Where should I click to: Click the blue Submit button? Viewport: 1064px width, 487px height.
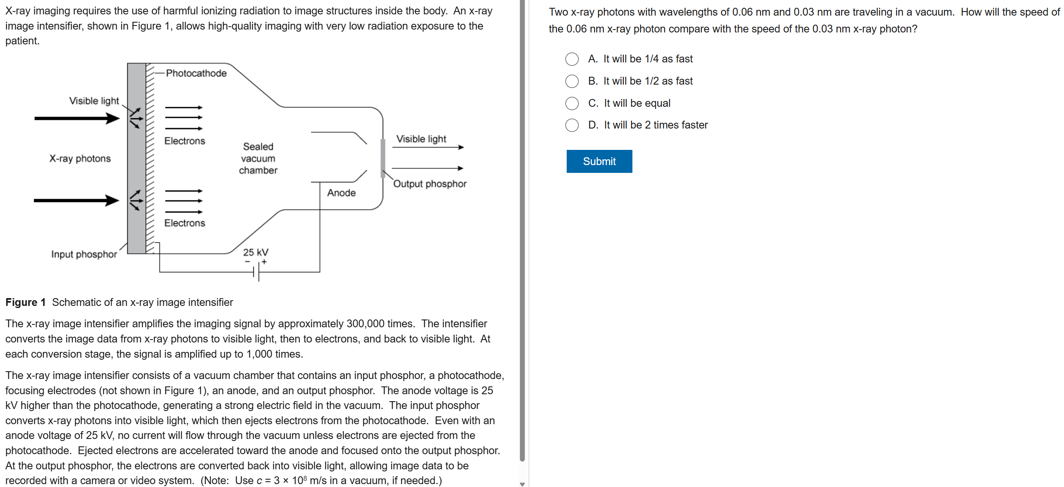coord(599,161)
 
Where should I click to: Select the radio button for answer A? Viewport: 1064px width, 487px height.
coord(572,59)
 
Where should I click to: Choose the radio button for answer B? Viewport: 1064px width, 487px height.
coord(572,81)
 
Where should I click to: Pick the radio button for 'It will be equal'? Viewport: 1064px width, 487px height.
coord(572,103)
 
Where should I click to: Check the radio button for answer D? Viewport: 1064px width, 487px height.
coord(572,125)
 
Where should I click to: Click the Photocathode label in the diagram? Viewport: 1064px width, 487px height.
coord(196,73)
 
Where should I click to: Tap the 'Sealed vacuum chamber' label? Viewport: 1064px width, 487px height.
coord(258,158)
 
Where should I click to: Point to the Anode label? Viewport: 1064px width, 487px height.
coord(341,193)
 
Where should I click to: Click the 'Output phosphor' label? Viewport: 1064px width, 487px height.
coord(430,184)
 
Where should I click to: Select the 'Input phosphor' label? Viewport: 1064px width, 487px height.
coord(84,254)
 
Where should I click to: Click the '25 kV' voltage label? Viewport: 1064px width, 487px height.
coord(256,252)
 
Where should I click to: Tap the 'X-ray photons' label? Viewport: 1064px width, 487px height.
coord(80,159)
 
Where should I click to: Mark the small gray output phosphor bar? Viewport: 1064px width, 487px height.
coord(383,158)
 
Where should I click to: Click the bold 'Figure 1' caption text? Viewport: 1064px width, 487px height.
coord(25,302)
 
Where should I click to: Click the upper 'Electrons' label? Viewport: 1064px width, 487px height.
coord(185,141)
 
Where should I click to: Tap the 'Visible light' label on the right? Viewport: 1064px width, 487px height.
coord(421,139)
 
